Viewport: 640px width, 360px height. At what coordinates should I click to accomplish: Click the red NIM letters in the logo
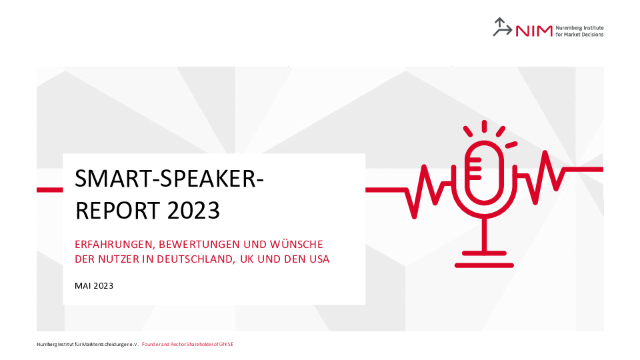pos(534,31)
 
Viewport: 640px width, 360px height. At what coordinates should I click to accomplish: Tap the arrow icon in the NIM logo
pos(502,27)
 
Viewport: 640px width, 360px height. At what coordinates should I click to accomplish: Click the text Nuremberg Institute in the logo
pos(579,28)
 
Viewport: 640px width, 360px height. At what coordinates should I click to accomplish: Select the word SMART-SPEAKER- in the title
pos(169,179)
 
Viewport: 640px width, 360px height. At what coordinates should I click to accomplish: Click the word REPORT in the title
pos(117,211)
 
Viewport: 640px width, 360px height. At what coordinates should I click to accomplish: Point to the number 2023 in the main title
pos(193,211)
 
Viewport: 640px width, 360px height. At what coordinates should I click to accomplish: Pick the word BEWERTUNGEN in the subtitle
pos(199,245)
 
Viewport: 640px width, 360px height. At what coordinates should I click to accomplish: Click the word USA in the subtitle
pos(319,259)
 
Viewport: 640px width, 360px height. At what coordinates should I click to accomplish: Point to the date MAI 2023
pos(94,286)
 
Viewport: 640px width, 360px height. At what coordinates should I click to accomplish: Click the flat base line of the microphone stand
pos(484,265)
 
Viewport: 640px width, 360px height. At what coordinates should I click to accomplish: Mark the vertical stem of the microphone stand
pos(485,234)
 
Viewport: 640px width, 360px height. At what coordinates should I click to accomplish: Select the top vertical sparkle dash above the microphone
pos(484,126)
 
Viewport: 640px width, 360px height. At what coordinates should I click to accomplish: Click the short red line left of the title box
pos(50,190)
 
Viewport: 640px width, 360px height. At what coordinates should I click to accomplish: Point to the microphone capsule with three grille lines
pos(485,172)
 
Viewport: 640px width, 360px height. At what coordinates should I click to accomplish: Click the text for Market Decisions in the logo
pos(579,35)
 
